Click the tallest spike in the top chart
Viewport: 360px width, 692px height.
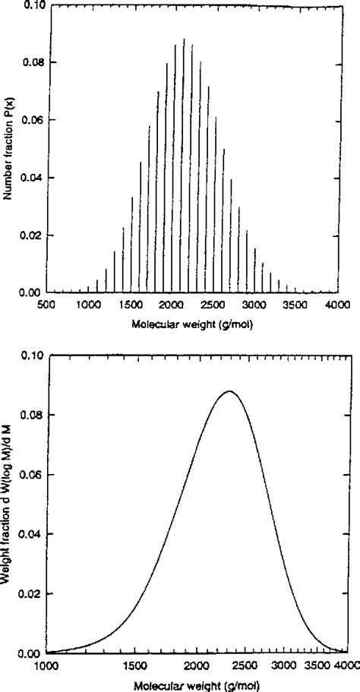(184, 39)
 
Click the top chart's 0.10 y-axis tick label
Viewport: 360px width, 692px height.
(27, 5)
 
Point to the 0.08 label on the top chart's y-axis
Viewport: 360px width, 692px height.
(27, 62)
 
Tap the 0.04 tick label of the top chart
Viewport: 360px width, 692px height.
(27, 178)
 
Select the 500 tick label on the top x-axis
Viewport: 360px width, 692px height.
(46, 304)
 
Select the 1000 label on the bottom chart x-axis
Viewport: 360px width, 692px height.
(46, 665)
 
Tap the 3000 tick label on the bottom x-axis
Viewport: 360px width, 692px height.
(286, 665)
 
